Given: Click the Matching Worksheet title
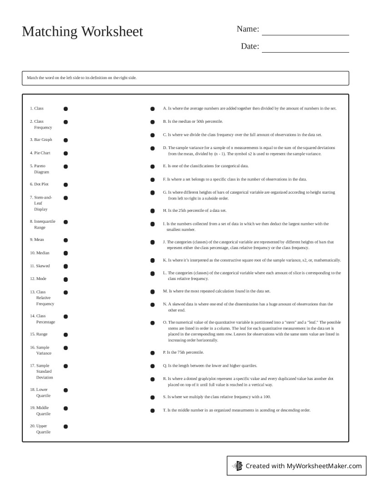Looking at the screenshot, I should click(x=82, y=32).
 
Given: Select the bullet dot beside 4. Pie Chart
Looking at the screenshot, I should click(x=65, y=154).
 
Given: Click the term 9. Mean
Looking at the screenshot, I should click(x=37, y=240).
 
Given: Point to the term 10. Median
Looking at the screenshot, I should click(x=40, y=253).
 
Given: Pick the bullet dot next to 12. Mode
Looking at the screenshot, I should click(x=65, y=280).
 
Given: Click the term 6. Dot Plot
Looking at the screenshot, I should click(x=39, y=184).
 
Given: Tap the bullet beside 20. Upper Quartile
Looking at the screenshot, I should click(x=65, y=427).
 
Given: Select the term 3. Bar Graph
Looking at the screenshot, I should click(x=41, y=140).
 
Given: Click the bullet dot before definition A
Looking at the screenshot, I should click(x=152, y=109).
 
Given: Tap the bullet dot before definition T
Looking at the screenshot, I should click(x=152, y=411).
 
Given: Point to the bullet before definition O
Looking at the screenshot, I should click(x=152, y=323).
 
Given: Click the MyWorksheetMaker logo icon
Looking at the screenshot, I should click(x=237, y=465).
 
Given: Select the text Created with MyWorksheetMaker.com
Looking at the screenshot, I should click(x=303, y=465).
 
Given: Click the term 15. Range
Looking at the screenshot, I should click(x=39, y=334).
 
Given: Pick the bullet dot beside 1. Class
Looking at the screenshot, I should click(x=65, y=109).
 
